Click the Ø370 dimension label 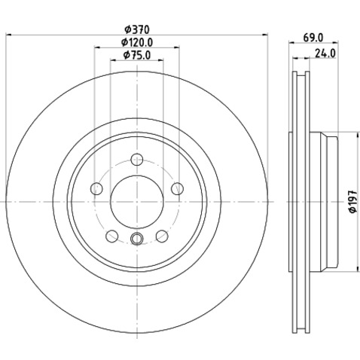click(137, 29)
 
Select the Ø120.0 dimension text click(137, 42)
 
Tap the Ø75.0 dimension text click(137, 55)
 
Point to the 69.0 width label click(313, 38)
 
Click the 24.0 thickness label click(325, 53)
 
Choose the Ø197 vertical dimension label click(353, 201)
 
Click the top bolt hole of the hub click(137, 160)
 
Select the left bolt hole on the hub click(96, 188)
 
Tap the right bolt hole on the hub click(178, 188)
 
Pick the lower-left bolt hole click(112, 236)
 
